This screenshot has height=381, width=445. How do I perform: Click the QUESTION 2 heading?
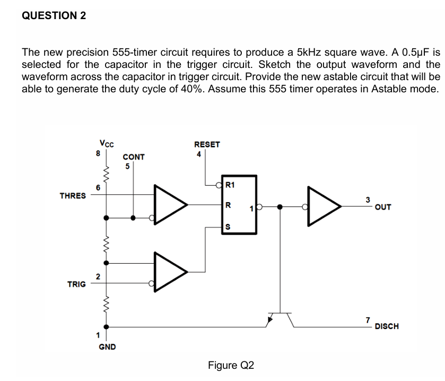click(54, 15)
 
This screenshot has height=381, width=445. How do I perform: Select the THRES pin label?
click(72, 196)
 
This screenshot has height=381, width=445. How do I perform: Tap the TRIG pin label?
click(76, 284)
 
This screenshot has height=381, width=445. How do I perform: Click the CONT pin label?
click(133, 157)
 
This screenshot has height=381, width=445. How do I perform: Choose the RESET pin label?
click(207, 144)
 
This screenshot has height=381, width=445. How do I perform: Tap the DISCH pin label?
click(386, 326)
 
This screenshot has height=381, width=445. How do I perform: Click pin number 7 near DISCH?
click(367, 319)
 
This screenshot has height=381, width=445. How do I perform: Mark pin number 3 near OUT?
click(367, 200)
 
